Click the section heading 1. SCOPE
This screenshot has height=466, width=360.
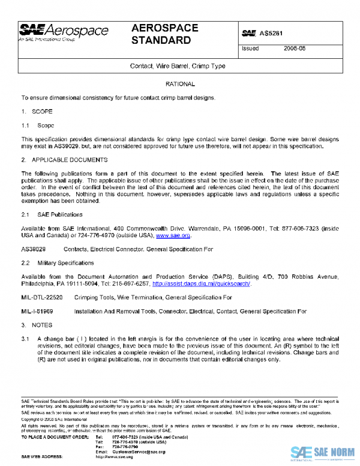coord(37,112)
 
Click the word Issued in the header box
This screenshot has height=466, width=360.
coord(250,49)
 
